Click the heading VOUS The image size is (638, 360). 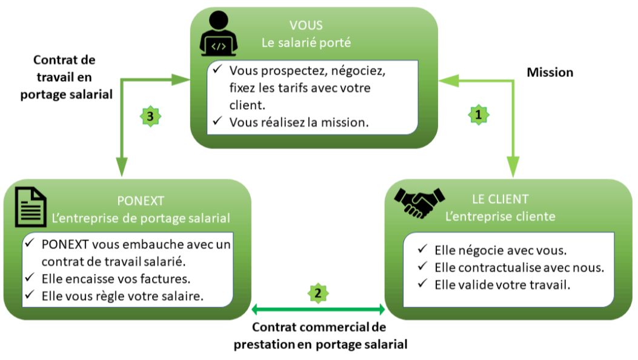tap(306, 26)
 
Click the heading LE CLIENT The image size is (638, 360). tap(500, 199)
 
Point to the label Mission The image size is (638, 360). tap(550, 72)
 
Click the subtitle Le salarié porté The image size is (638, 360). tap(306, 43)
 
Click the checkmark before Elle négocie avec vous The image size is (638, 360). tap(422, 249)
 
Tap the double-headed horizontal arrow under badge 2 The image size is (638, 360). tap(318, 310)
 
